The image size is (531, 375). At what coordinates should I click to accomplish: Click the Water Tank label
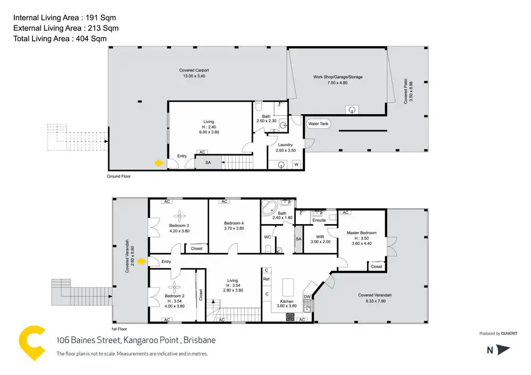point(319,124)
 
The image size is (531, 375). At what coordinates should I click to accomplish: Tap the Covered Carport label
point(194,73)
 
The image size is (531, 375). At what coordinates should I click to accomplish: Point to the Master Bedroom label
point(362,233)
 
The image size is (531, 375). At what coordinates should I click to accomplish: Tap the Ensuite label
point(319,220)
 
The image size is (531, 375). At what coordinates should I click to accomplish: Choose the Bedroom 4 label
point(234,223)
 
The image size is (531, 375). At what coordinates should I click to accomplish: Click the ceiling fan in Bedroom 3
point(179,215)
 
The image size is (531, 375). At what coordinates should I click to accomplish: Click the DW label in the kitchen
point(307,297)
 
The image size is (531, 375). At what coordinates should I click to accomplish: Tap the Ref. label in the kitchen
point(267,279)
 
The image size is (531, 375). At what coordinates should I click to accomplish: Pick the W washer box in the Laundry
point(296,164)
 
